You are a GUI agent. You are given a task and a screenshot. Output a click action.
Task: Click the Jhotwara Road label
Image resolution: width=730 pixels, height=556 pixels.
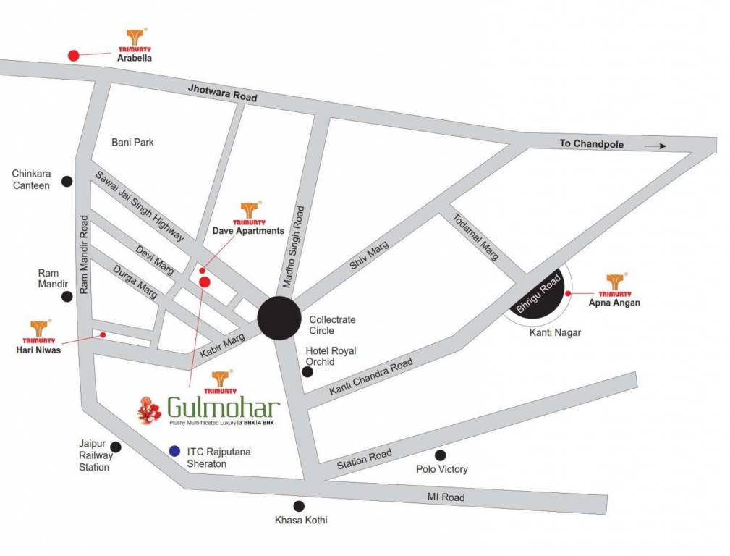(x=222, y=93)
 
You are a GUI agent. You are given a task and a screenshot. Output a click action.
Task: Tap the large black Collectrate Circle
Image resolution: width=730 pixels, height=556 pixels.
(x=279, y=318)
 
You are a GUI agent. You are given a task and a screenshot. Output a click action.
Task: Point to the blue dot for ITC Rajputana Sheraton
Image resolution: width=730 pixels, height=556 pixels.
(x=174, y=451)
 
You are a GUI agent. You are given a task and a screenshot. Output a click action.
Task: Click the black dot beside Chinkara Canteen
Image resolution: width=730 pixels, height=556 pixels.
(x=67, y=181)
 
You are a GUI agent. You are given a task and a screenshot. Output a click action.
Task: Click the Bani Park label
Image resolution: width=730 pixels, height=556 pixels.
(x=132, y=143)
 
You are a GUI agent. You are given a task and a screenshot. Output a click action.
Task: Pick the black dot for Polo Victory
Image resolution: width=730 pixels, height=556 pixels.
(x=440, y=455)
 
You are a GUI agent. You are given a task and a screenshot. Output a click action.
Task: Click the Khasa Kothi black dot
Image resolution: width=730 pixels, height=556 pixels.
(x=298, y=506)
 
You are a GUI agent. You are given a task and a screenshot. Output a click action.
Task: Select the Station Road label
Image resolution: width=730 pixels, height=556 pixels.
(x=364, y=459)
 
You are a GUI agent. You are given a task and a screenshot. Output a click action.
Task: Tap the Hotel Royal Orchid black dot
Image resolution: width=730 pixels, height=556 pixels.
(x=307, y=372)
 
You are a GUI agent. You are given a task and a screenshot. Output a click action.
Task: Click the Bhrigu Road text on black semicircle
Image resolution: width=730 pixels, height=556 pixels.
(x=539, y=290)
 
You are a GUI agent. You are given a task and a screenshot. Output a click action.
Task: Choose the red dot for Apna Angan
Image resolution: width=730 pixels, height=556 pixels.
(x=569, y=293)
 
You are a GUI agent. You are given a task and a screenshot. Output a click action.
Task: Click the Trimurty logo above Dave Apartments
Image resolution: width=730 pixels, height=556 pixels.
(x=249, y=211)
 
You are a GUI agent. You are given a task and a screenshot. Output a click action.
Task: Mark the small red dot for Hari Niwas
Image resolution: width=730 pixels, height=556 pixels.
(x=103, y=334)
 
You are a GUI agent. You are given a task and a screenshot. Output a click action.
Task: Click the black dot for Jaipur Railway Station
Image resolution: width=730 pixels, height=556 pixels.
(x=116, y=447)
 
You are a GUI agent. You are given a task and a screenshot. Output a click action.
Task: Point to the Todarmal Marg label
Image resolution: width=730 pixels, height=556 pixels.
(x=476, y=237)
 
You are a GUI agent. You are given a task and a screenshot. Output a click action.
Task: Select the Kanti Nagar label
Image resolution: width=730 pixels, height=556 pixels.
(x=556, y=333)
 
